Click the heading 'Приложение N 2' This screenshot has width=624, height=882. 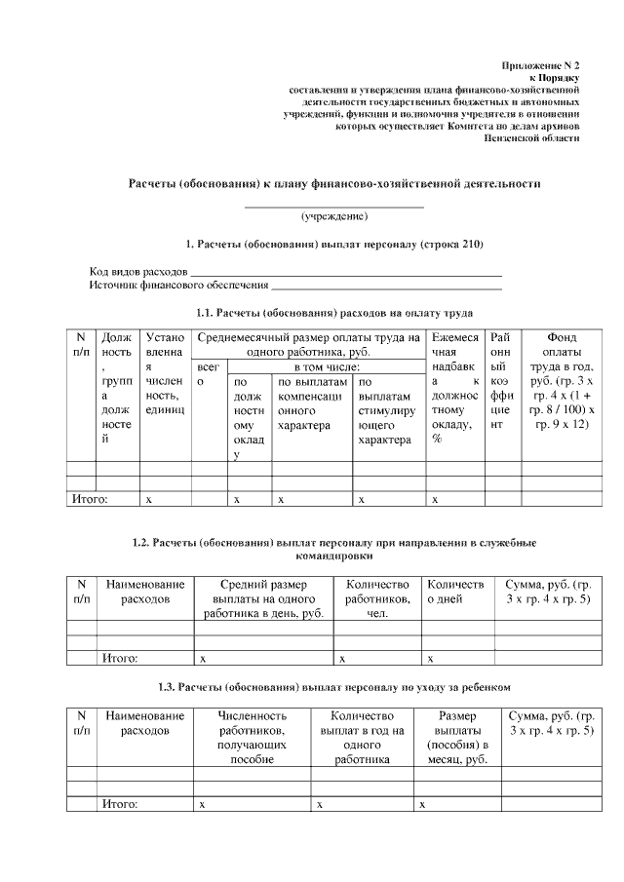click(x=540, y=63)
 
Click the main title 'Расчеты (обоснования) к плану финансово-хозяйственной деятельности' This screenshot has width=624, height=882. click(x=334, y=183)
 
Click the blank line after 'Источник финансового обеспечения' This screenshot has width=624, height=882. click(x=386, y=288)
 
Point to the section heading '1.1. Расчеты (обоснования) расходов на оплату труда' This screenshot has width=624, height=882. click(x=334, y=313)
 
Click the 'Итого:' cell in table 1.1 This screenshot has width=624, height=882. click(x=91, y=498)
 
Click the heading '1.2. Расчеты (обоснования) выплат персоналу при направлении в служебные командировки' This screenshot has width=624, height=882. click(x=334, y=548)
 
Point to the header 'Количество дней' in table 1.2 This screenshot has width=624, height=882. click(x=455, y=591)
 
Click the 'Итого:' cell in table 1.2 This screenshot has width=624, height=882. click(x=120, y=658)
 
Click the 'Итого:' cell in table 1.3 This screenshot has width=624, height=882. click(x=120, y=804)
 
